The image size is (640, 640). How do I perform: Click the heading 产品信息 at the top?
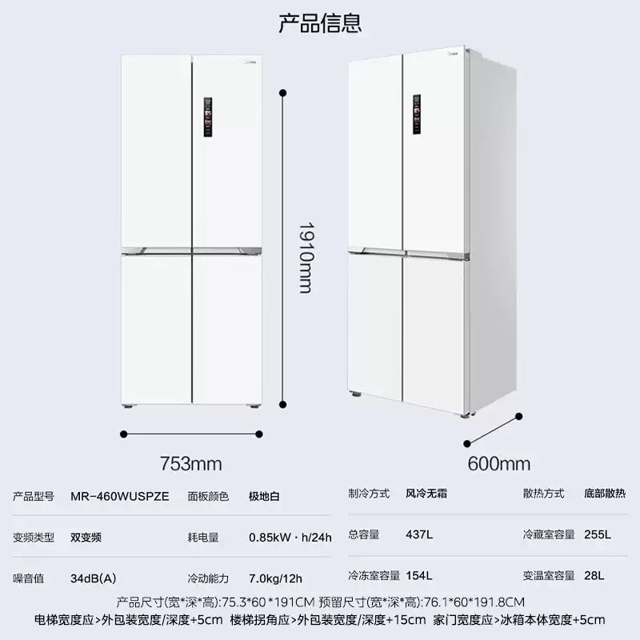coord(320,23)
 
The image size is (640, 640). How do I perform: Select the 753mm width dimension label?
coord(190,464)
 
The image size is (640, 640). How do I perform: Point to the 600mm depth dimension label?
coord(498,464)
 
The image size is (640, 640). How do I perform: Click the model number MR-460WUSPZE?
coord(119,496)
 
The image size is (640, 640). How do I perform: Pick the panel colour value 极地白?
coord(264,496)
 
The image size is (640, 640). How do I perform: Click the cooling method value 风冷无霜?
coord(426,494)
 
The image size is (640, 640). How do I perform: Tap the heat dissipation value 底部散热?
coord(610,494)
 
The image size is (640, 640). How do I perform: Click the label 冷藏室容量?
coord(549,534)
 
